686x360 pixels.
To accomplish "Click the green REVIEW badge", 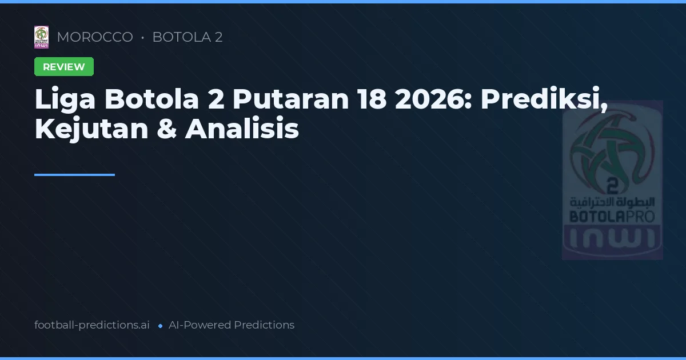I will pyautogui.click(x=64, y=67).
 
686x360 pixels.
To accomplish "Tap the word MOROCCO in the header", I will pyautogui.click(x=95, y=37).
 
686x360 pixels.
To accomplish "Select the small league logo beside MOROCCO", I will pyautogui.click(x=41, y=37).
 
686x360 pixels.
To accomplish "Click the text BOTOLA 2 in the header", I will pyautogui.click(x=188, y=37).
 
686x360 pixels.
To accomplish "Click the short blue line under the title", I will pyautogui.click(x=74, y=175).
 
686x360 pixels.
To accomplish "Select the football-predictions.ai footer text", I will pyautogui.click(x=92, y=325).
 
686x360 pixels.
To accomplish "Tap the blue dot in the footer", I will pyautogui.click(x=160, y=326).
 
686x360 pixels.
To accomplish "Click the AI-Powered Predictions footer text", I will pyautogui.click(x=232, y=325).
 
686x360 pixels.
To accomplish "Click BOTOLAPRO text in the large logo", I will pyautogui.click(x=612, y=217).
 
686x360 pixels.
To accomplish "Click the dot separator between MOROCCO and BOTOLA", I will pyautogui.click(x=142, y=38).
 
